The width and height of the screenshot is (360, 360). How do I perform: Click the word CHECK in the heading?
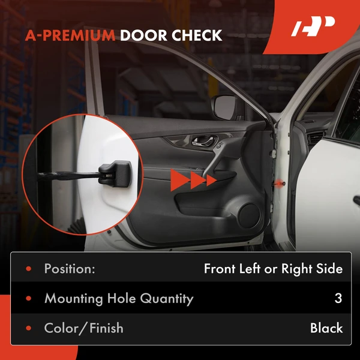coord(197,35)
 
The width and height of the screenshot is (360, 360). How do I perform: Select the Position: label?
coord(70,269)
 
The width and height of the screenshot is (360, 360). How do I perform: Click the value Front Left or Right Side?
coord(273,269)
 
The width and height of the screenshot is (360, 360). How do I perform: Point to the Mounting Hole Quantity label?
coord(119,298)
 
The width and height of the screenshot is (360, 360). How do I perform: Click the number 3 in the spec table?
coord(338,298)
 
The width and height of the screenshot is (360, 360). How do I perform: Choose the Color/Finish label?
coord(83,328)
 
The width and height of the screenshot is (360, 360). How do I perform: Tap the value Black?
coord(326,328)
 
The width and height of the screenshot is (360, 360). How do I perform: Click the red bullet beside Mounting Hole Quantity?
coord(28,299)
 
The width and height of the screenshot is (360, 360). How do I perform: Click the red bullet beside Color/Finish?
coord(28,328)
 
